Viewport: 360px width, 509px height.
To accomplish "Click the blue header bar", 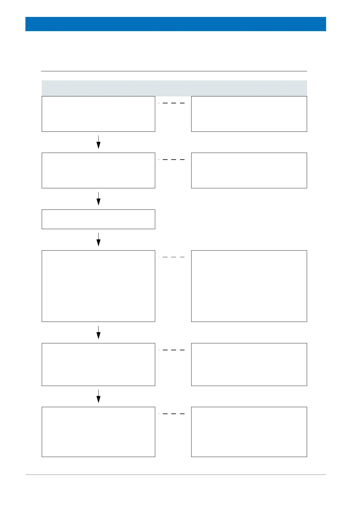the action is pos(175,24).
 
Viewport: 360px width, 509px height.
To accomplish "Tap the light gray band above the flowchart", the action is pos(174,88).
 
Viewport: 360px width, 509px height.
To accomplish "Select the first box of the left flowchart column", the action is pos(98,114).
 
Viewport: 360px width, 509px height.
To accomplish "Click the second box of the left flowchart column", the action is pos(98,170).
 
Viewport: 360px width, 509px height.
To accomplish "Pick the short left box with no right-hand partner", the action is pos(98,219).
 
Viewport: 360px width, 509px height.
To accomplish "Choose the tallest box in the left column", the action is pos(98,286).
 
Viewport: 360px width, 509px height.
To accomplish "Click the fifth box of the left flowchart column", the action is pos(98,364).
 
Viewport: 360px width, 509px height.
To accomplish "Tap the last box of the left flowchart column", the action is pos(98,432).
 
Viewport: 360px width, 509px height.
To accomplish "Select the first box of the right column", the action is pos(249,114).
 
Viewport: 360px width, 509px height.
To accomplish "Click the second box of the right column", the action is pos(249,170).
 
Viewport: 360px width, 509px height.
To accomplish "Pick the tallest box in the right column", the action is pos(249,286).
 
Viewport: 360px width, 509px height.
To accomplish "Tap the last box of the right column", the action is pos(249,432).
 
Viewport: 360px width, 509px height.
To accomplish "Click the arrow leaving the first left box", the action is pos(98,142).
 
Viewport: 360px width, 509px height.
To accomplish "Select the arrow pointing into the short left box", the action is pos(98,199).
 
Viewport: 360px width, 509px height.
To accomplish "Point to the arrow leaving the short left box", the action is pos(98,239).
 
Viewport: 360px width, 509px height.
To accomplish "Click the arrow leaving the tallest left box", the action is pos(98,332).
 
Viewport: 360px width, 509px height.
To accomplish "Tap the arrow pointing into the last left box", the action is pos(98,396).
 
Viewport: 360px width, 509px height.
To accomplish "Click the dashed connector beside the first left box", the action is pos(172,103).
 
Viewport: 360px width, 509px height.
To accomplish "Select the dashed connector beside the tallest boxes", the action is pos(172,257).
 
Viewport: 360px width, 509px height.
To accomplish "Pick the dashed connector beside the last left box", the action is pos(172,413).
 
